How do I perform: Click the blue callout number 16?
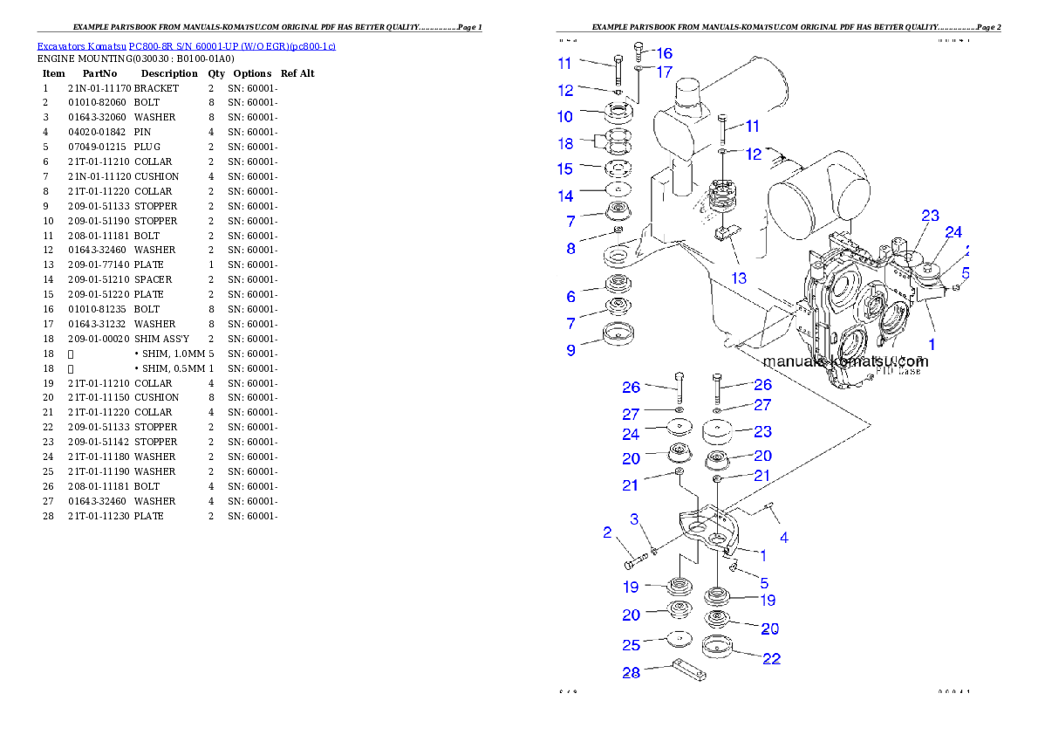pyautogui.click(x=664, y=53)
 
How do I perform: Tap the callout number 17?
pyautogui.click(x=664, y=72)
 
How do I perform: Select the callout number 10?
pyautogui.click(x=565, y=116)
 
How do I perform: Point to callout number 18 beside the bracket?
pyautogui.click(x=565, y=143)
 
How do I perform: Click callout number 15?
pyautogui.click(x=565, y=168)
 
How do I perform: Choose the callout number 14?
pyautogui.click(x=565, y=196)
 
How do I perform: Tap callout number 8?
pyautogui.click(x=570, y=249)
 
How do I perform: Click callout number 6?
pyautogui.click(x=570, y=298)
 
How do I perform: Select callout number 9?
pyautogui.click(x=570, y=350)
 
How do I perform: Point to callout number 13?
pyautogui.click(x=739, y=278)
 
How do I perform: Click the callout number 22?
pyautogui.click(x=771, y=659)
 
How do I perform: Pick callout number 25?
pyautogui.click(x=631, y=645)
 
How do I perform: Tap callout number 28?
pyautogui.click(x=631, y=673)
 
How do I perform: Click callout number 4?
pyautogui.click(x=784, y=538)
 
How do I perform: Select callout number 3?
pyautogui.click(x=635, y=520)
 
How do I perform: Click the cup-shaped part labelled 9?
pyautogui.click(x=618, y=334)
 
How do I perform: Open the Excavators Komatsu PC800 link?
pyautogui.click(x=186, y=45)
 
